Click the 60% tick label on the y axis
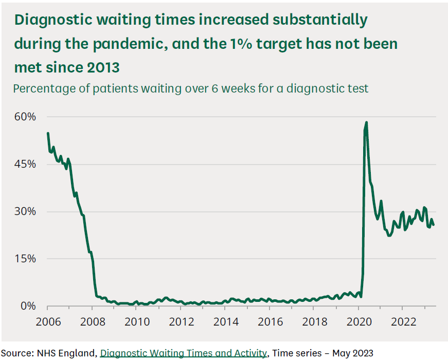[24, 117]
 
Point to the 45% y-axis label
[24, 164]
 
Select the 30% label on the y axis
[24, 211]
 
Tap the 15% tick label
[24, 259]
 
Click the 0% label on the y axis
[27, 306]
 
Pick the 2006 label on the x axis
[47, 322]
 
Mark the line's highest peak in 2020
[366, 122]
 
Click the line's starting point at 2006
[48, 133]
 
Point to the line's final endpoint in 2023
[433, 225]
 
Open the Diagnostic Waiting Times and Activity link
[184, 353]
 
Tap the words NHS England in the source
[68, 353]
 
